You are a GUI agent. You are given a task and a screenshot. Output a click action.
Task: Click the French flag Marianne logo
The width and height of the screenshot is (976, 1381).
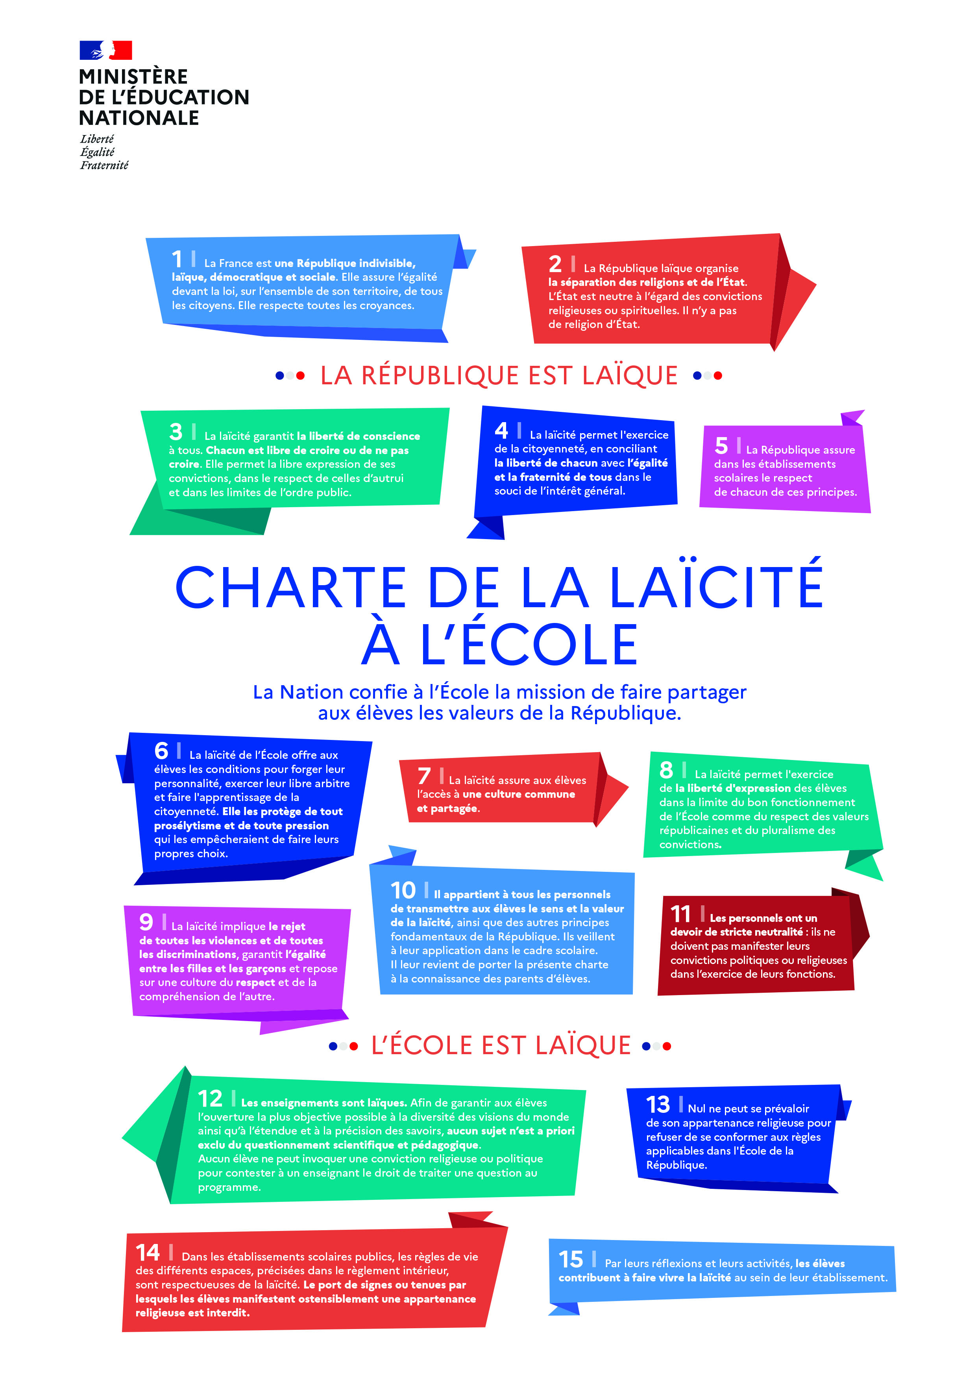point(106,50)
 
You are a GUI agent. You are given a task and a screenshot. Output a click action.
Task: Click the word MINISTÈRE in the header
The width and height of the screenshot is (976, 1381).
point(133,77)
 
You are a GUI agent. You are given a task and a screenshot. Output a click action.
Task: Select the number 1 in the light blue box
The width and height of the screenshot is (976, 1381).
point(177,259)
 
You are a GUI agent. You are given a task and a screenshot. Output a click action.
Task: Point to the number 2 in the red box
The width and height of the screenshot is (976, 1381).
point(555,264)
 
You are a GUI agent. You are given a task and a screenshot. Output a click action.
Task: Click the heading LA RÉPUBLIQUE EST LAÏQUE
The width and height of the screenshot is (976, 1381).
point(499,375)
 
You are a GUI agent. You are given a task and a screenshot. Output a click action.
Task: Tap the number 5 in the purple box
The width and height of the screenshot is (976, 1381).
point(721,446)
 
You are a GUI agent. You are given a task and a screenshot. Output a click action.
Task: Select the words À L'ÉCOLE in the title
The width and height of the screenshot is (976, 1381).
point(499,645)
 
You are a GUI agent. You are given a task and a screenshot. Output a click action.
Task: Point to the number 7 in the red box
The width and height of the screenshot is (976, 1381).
point(424,776)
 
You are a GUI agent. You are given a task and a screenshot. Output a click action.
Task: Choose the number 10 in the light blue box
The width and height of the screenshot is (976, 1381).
point(403,890)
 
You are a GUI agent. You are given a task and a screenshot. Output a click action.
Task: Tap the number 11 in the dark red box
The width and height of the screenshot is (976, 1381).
point(680,914)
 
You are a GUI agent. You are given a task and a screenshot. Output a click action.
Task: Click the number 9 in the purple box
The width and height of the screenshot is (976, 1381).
point(146,921)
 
